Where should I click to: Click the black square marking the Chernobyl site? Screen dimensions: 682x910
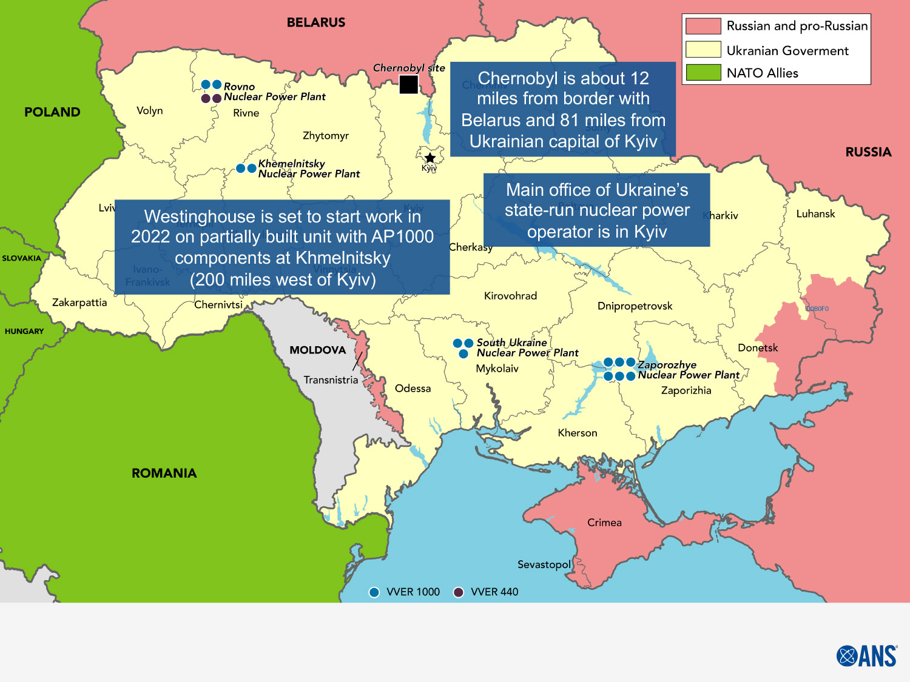click(408, 85)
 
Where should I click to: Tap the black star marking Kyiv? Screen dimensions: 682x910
click(430, 158)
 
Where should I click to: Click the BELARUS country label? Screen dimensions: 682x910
click(315, 22)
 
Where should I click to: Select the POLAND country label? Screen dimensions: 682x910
click(52, 112)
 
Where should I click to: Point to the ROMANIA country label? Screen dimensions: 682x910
click(164, 473)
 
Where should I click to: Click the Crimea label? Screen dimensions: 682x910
click(604, 523)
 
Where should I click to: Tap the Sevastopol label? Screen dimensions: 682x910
click(544, 564)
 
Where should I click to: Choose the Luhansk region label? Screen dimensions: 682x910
click(815, 214)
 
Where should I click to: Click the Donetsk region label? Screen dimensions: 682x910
click(758, 348)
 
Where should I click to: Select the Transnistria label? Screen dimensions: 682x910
click(331, 380)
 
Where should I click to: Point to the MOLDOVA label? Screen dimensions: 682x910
click(317, 350)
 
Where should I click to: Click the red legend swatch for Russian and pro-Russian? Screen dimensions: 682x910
click(703, 26)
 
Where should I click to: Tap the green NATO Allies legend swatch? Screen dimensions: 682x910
click(703, 73)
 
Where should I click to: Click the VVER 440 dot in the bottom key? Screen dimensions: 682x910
click(459, 592)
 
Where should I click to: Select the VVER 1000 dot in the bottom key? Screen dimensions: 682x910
click(374, 592)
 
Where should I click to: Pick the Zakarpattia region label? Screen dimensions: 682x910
click(79, 303)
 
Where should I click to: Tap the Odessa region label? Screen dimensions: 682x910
click(413, 389)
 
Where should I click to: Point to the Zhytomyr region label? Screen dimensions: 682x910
click(326, 136)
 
